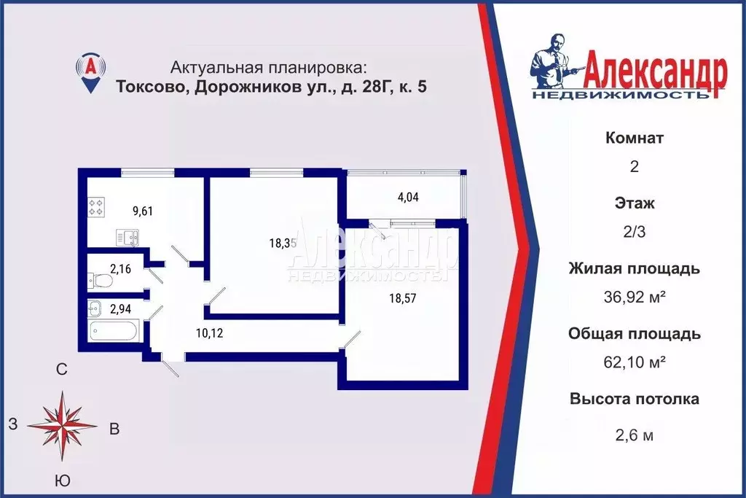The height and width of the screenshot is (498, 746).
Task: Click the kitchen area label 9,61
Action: tap(143, 211)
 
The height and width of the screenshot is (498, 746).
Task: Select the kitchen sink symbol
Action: tap(127, 237)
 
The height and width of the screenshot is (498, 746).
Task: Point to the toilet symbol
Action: tap(100, 281)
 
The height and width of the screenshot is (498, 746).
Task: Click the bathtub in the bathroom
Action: tap(114, 330)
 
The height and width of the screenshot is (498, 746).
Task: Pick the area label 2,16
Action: tap(120, 269)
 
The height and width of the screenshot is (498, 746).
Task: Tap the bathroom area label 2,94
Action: tap(120, 309)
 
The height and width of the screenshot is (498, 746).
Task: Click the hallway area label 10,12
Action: tap(209, 332)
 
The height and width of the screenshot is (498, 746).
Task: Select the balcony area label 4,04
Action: tap(408, 197)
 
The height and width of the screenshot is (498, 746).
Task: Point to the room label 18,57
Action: tap(402, 298)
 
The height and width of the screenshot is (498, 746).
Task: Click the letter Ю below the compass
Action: tap(63, 481)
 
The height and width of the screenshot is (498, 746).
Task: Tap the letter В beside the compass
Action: tap(114, 429)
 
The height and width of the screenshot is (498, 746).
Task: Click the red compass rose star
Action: tap(63, 426)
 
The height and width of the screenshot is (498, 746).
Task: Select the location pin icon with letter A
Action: tap(91, 72)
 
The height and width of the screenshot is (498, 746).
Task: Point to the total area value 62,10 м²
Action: tap(635, 362)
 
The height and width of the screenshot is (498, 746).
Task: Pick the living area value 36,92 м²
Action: tap(635, 297)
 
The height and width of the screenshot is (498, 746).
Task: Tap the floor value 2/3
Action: tap(635, 232)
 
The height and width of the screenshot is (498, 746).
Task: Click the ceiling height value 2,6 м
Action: tap(635, 435)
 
